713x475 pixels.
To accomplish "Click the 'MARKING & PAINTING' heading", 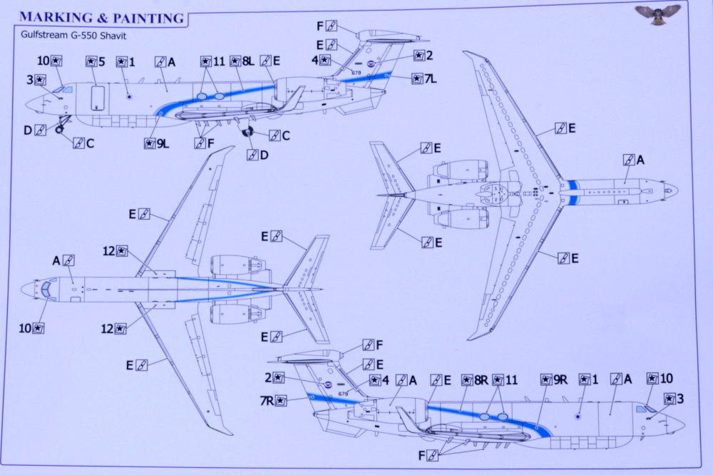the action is click(x=102, y=18).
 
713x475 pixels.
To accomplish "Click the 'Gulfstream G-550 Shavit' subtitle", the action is click(x=73, y=36).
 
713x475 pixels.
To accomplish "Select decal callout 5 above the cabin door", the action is click(x=96, y=61).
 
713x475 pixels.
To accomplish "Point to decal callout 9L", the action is click(x=157, y=144).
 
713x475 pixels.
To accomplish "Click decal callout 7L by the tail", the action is click(x=424, y=78).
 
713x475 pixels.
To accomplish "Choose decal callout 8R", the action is click(x=475, y=380).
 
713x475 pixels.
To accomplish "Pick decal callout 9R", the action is click(x=554, y=379).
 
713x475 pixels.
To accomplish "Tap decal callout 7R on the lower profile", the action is click(x=273, y=401).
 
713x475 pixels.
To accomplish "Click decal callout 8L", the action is click(x=242, y=61).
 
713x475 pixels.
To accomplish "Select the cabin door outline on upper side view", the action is click(x=98, y=98).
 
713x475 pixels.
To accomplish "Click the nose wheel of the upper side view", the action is click(x=60, y=130).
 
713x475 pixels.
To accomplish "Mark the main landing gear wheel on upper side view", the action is click(x=247, y=133).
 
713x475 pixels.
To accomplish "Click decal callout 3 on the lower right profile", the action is click(x=674, y=399).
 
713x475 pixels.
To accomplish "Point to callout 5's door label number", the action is click(x=101, y=61).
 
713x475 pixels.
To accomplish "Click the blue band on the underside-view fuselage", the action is click(x=573, y=192).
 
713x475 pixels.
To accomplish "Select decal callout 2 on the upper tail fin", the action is click(x=424, y=56).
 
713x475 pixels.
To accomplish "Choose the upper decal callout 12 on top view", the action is click(x=115, y=251).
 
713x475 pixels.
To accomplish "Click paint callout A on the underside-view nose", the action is click(x=635, y=160).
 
